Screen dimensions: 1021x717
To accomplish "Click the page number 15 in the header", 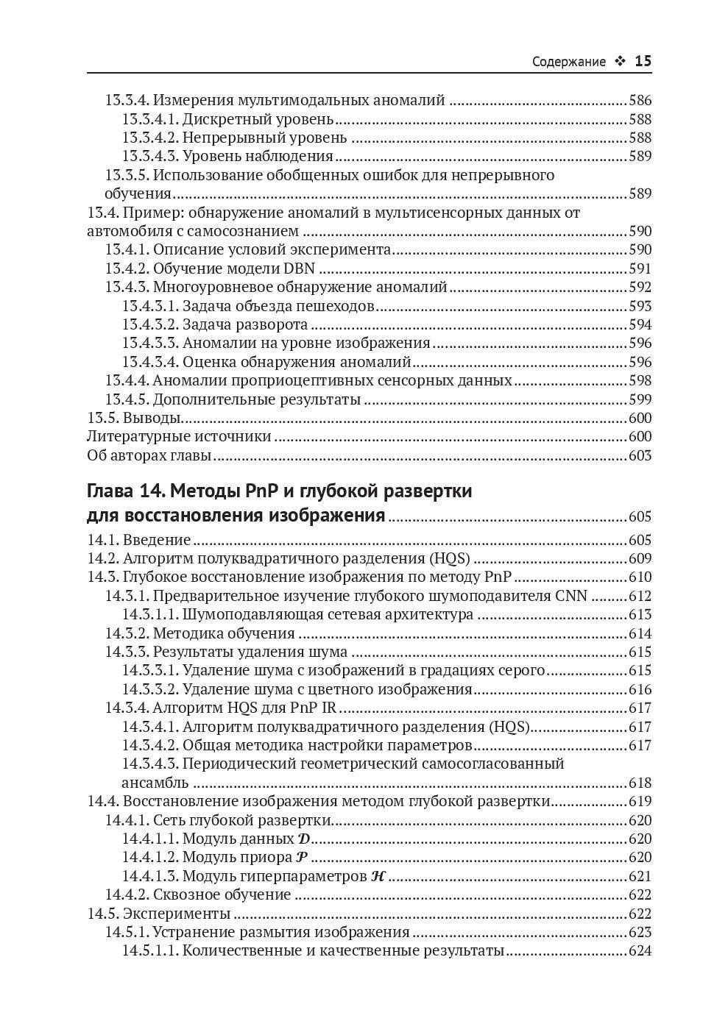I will click(643, 61).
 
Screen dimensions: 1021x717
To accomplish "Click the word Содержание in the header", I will click(568, 62).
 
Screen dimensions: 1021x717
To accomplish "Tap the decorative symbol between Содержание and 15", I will click(620, 62).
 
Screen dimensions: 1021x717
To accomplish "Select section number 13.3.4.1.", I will click(149, 119).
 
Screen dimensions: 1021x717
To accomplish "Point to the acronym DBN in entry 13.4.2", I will click(300, 268).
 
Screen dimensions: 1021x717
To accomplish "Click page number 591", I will click(640, 268).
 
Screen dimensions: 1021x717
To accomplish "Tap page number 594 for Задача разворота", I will click(640, 324).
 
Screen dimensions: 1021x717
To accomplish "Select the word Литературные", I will click(135, 436).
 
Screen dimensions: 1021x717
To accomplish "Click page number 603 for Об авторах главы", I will click(640, 455).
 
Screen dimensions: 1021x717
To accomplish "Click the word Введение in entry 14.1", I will click(157, 540).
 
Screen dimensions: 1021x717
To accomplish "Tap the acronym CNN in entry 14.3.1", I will click(571, 596).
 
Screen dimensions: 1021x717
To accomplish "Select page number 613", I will click(640, 615).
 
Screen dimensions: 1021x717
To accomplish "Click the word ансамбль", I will click(155, 783).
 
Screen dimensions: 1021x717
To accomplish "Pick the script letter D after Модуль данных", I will click(304, 839).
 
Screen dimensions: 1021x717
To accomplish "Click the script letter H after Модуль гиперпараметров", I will click(378, 876).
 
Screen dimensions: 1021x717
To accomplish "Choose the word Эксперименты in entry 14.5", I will click(177, 914).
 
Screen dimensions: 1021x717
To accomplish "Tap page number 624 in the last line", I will click(640, 951).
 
